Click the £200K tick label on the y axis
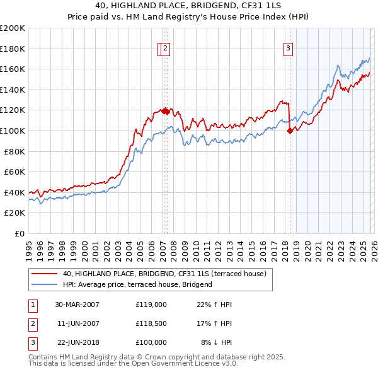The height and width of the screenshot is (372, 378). (13, 28)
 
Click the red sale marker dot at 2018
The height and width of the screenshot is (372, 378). (290, 131)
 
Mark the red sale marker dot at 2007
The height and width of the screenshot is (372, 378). (164, 111)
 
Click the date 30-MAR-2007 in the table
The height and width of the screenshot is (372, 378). (77, 305)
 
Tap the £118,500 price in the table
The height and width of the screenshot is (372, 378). (151, 323)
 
